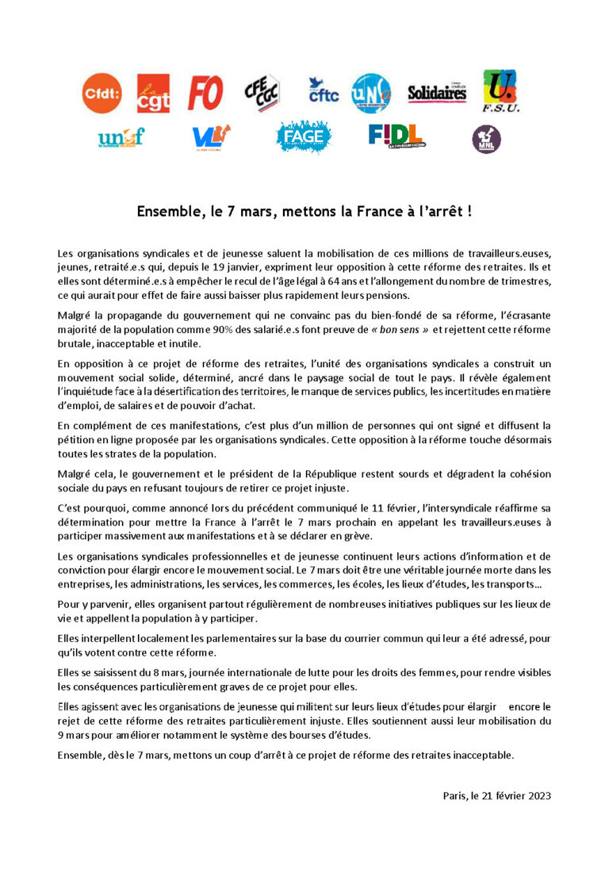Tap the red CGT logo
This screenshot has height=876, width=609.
coord(153,94)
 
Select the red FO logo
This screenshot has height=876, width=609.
coord(205,94)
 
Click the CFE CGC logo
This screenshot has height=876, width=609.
coord(261,94)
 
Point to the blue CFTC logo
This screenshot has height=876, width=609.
coord(323,90)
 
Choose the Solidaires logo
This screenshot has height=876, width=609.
coord(437,94)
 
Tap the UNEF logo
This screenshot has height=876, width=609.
coord(121,138)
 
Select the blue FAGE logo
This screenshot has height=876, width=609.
coord(303,137)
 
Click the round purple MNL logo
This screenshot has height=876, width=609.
coord(486,140)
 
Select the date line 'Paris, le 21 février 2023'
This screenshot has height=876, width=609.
coord(496,795)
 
